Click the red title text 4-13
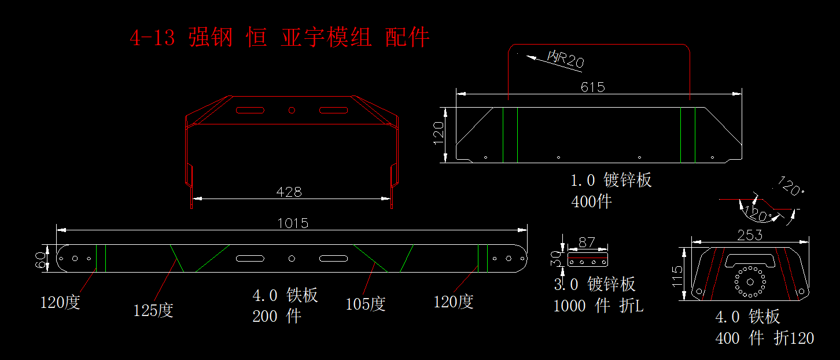pos(152,38)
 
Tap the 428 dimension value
pos(289,192)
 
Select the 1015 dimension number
pos(293,223)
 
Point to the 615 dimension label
pos(592,87)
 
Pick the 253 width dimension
pos(750,236)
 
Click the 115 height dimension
pos(677,277)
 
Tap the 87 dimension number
pos(587,243)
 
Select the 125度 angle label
pos(153,310)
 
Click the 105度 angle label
pos(365,304)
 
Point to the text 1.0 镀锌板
pos(611,181)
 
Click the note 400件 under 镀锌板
pos(591,202)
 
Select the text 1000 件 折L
pos(599,306)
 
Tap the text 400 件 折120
pos(765,338)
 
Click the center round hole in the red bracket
pos(292,110)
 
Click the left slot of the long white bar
pos(250,258)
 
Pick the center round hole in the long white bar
pos(292,258)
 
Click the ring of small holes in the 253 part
pos(750,282)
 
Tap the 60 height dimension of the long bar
pos(40,260)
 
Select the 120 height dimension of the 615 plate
pos(439,133)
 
